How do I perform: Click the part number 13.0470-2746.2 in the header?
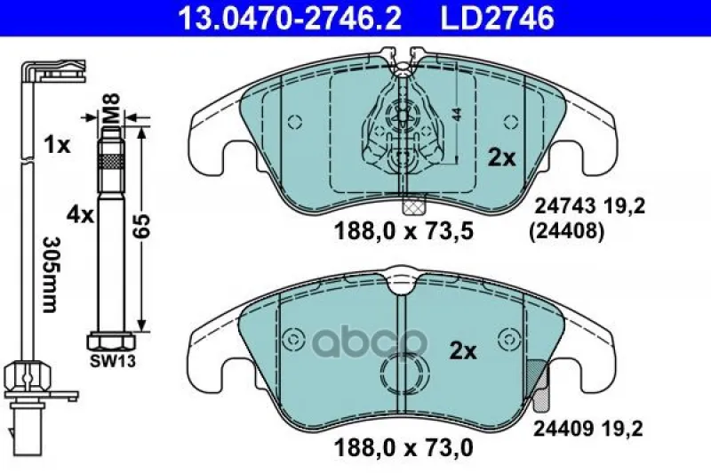(x=290, y=18)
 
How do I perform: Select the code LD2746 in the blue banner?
(x=498, y=18)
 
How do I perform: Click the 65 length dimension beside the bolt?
(x=141, y=227)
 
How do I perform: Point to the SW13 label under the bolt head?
(x=113, y=361)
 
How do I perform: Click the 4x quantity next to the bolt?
(x=80, y=214)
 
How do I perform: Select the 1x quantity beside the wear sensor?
(x=57, y=145)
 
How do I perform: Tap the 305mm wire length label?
(x=50, y=275)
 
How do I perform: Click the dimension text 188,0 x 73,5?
(x=403, y=231)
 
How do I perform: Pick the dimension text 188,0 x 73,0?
(x=403, y=448)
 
